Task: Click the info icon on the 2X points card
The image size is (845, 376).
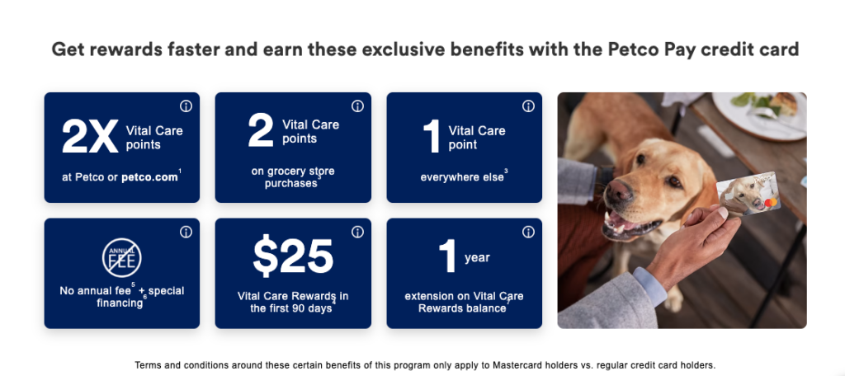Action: click(186, 106)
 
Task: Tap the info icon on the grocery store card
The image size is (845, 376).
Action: click(357, 106)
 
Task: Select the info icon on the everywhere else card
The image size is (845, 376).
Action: click(529, 106)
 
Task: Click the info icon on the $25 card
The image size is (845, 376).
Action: click(357, 232)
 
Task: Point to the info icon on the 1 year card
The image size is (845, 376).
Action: click(529, 232)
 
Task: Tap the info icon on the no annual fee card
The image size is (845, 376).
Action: click(186, 232)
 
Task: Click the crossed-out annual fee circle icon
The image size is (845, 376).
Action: click(122, 258)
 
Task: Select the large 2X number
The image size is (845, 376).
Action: click(89, 136)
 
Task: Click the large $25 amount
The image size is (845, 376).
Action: click(293, 256)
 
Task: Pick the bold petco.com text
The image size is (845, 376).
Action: click(149, 177)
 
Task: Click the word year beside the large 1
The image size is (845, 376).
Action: click(477, 257)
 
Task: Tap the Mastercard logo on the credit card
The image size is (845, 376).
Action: click(772, 203)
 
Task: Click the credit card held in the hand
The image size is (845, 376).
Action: click(748, 194)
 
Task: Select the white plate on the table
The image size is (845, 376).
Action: click(759, 115)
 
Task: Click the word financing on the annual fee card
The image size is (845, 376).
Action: click(120, 303)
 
